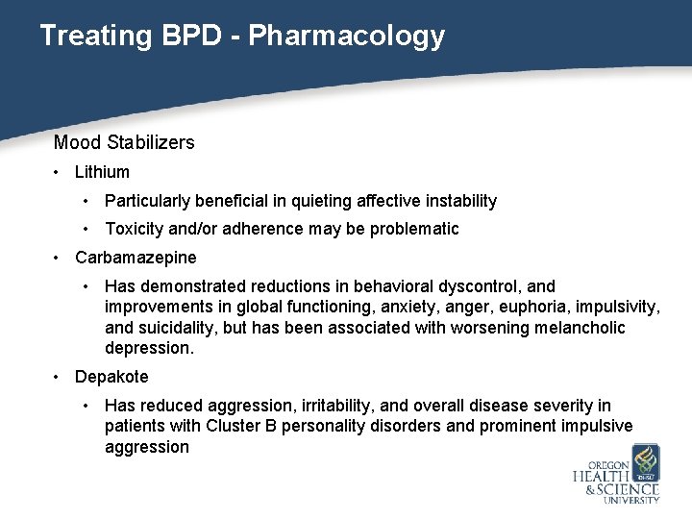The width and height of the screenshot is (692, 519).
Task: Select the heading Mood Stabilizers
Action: click(x=124, y=143)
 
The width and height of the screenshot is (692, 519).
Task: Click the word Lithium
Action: click(x=102, y=173)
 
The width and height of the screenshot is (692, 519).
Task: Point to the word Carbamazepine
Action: click(x=136, y=258)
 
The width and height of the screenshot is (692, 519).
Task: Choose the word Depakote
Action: click(x=111, y=377)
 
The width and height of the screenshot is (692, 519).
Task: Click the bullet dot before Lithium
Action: click(x=59, y=173)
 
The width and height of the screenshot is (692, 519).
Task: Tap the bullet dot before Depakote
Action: click(x=59, y=377)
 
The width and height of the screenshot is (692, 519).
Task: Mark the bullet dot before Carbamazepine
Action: click(x=59, y=258)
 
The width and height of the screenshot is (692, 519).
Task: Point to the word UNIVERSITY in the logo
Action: click(x=630, y=500)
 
